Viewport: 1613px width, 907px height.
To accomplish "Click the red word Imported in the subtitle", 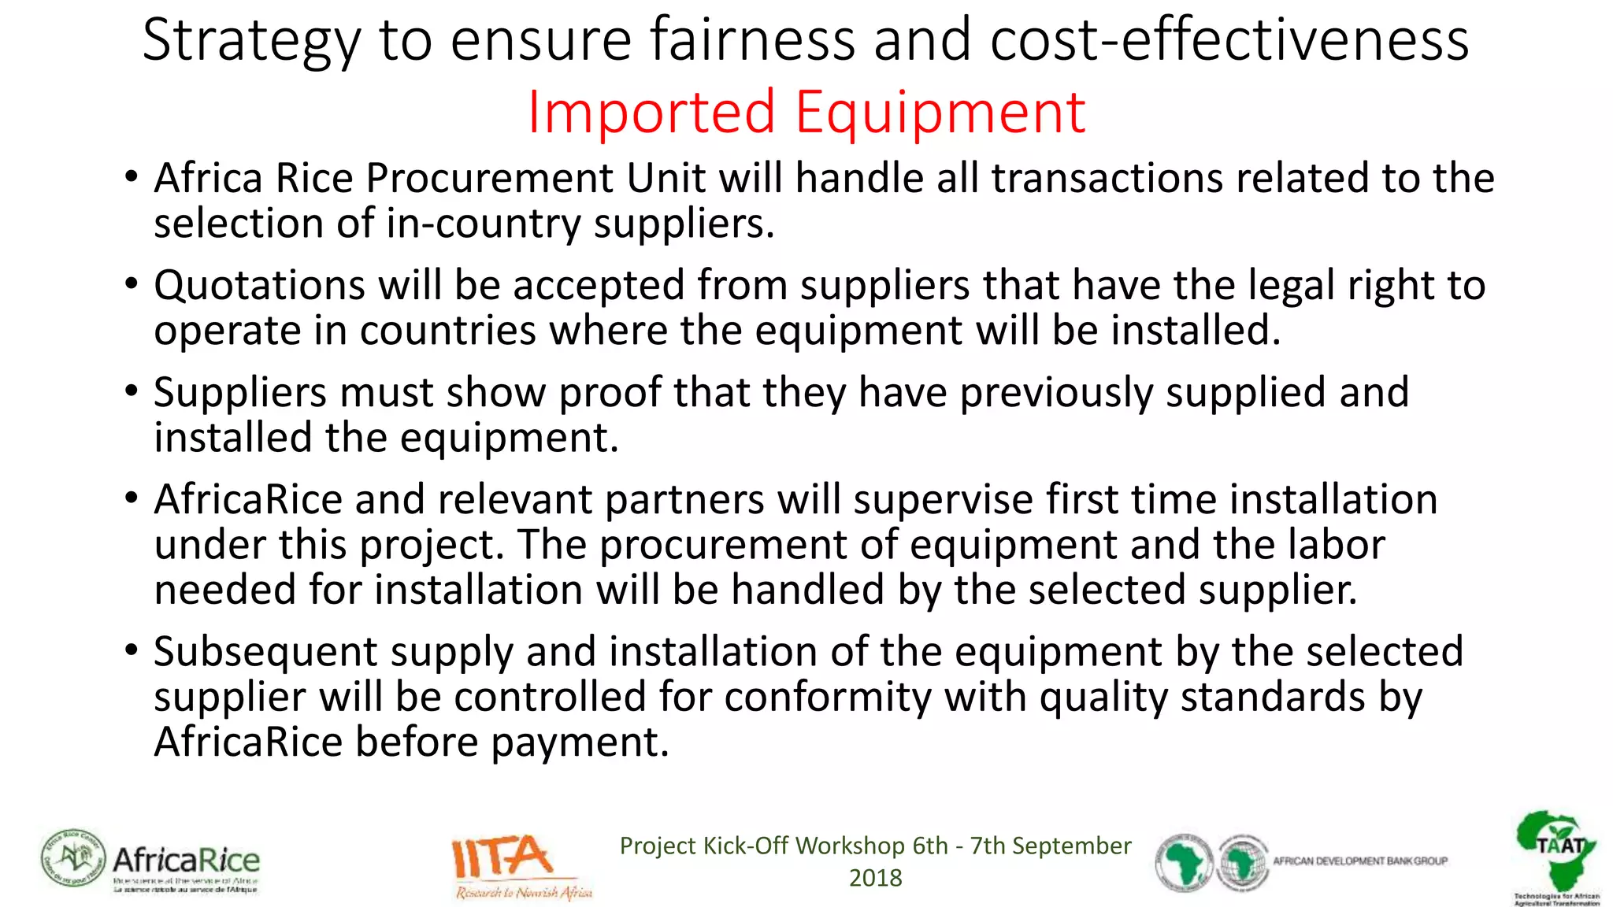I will [651, 113].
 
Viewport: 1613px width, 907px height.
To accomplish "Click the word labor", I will [1337, 544].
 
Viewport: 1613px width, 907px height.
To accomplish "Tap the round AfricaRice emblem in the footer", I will [72, 859].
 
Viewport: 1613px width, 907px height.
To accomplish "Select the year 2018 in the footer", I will [875, 878].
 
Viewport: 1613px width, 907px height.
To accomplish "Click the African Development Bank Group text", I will [1360, 861].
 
